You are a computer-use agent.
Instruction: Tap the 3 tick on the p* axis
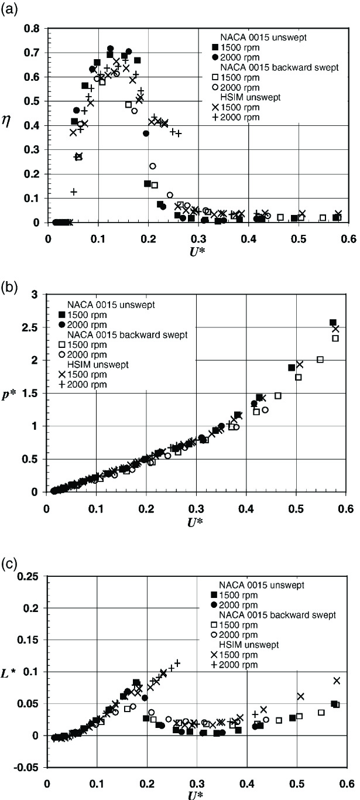[x=39, y=293]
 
